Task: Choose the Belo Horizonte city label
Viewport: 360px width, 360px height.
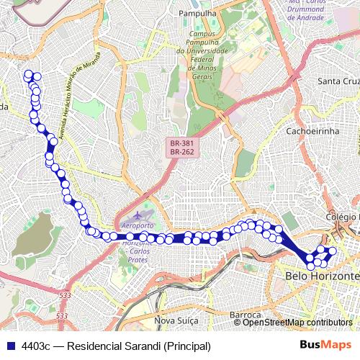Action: (x=322, y=276)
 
